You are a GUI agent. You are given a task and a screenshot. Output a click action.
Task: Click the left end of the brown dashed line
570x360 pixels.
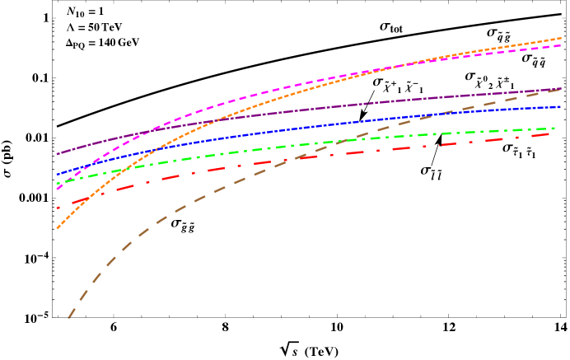[68, 318]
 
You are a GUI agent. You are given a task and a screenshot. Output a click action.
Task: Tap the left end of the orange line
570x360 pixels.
[57, 229]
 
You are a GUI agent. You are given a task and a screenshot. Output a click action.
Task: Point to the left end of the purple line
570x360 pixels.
[57, 154]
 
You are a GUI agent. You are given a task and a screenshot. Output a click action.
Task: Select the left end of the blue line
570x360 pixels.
[57, 175]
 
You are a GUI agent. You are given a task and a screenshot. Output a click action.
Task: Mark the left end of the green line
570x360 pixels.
[57, 184]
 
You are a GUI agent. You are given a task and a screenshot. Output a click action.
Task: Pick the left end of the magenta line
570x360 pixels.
[57, 189]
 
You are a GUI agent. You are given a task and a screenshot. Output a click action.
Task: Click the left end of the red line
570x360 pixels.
[57, 208]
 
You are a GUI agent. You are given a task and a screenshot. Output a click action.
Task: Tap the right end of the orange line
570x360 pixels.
[562, 38]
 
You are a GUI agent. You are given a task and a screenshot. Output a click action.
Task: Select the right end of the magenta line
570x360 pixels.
[562, 45]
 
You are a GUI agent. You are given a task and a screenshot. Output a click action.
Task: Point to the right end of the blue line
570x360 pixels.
[562, 106]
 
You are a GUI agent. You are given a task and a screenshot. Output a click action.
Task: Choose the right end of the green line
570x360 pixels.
[555, 128]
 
